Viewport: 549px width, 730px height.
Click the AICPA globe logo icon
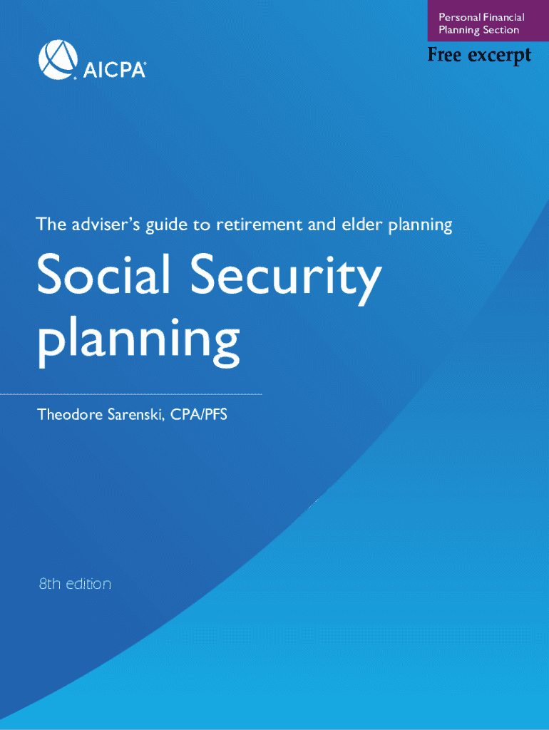[x=58, y=60]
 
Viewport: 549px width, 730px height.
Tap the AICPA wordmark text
[x=114, y=70]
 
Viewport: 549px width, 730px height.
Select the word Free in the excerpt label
[x=444, y=55]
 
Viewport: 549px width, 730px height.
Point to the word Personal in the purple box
[x=460, y=17]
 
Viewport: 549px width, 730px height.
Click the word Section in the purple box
[x=501, y=30]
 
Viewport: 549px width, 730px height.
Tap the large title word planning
[x=138, y=343]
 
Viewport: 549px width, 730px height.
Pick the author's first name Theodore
[x=70, y=414]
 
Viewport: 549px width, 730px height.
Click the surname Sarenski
[x=137, y=415]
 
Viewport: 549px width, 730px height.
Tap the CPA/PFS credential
[x=199, y=414]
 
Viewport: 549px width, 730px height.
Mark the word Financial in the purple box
[x=503, y=17]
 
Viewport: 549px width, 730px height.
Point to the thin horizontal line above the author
[x=131, y=394]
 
